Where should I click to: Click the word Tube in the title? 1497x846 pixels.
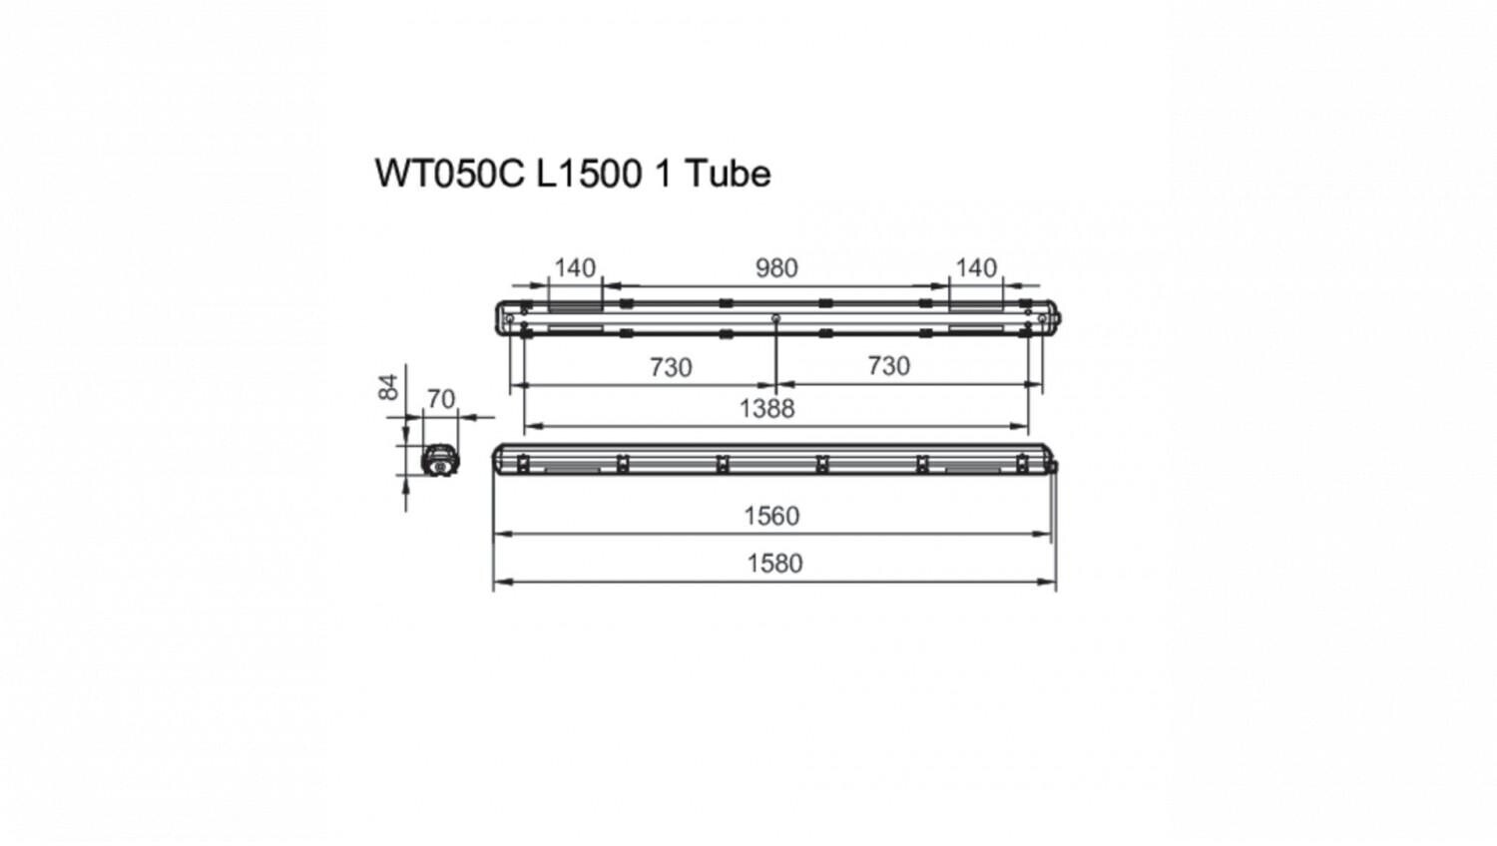tap(728, 174)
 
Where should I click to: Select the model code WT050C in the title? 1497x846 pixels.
tap(450, 174)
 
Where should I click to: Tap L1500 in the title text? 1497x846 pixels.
tap(589, 174)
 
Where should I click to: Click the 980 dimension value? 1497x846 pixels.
tap(776, 268)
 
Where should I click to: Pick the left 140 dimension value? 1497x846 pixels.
tap(575, 268)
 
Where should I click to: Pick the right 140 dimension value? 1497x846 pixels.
tap(976, 268)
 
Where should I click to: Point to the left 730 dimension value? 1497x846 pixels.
tap(671, 367)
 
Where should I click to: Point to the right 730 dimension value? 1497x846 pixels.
tap(889, 366)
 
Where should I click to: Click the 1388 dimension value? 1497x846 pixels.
tap(767, 408)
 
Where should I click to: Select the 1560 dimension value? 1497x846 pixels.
tap(771, 516)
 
